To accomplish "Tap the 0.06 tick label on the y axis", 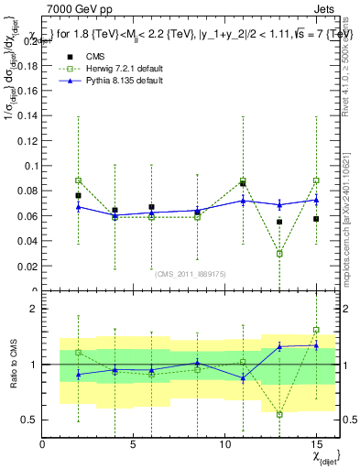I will pos(27,216).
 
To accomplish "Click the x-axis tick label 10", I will pos(224,445).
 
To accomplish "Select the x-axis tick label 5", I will pos(134,445).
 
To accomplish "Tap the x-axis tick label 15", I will pos(316,445).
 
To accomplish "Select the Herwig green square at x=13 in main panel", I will pos(279,254).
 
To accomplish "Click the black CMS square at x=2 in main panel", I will pos(79,195).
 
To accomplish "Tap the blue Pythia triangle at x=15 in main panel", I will pos(316,200).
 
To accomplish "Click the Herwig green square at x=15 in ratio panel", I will pos(316,330).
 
